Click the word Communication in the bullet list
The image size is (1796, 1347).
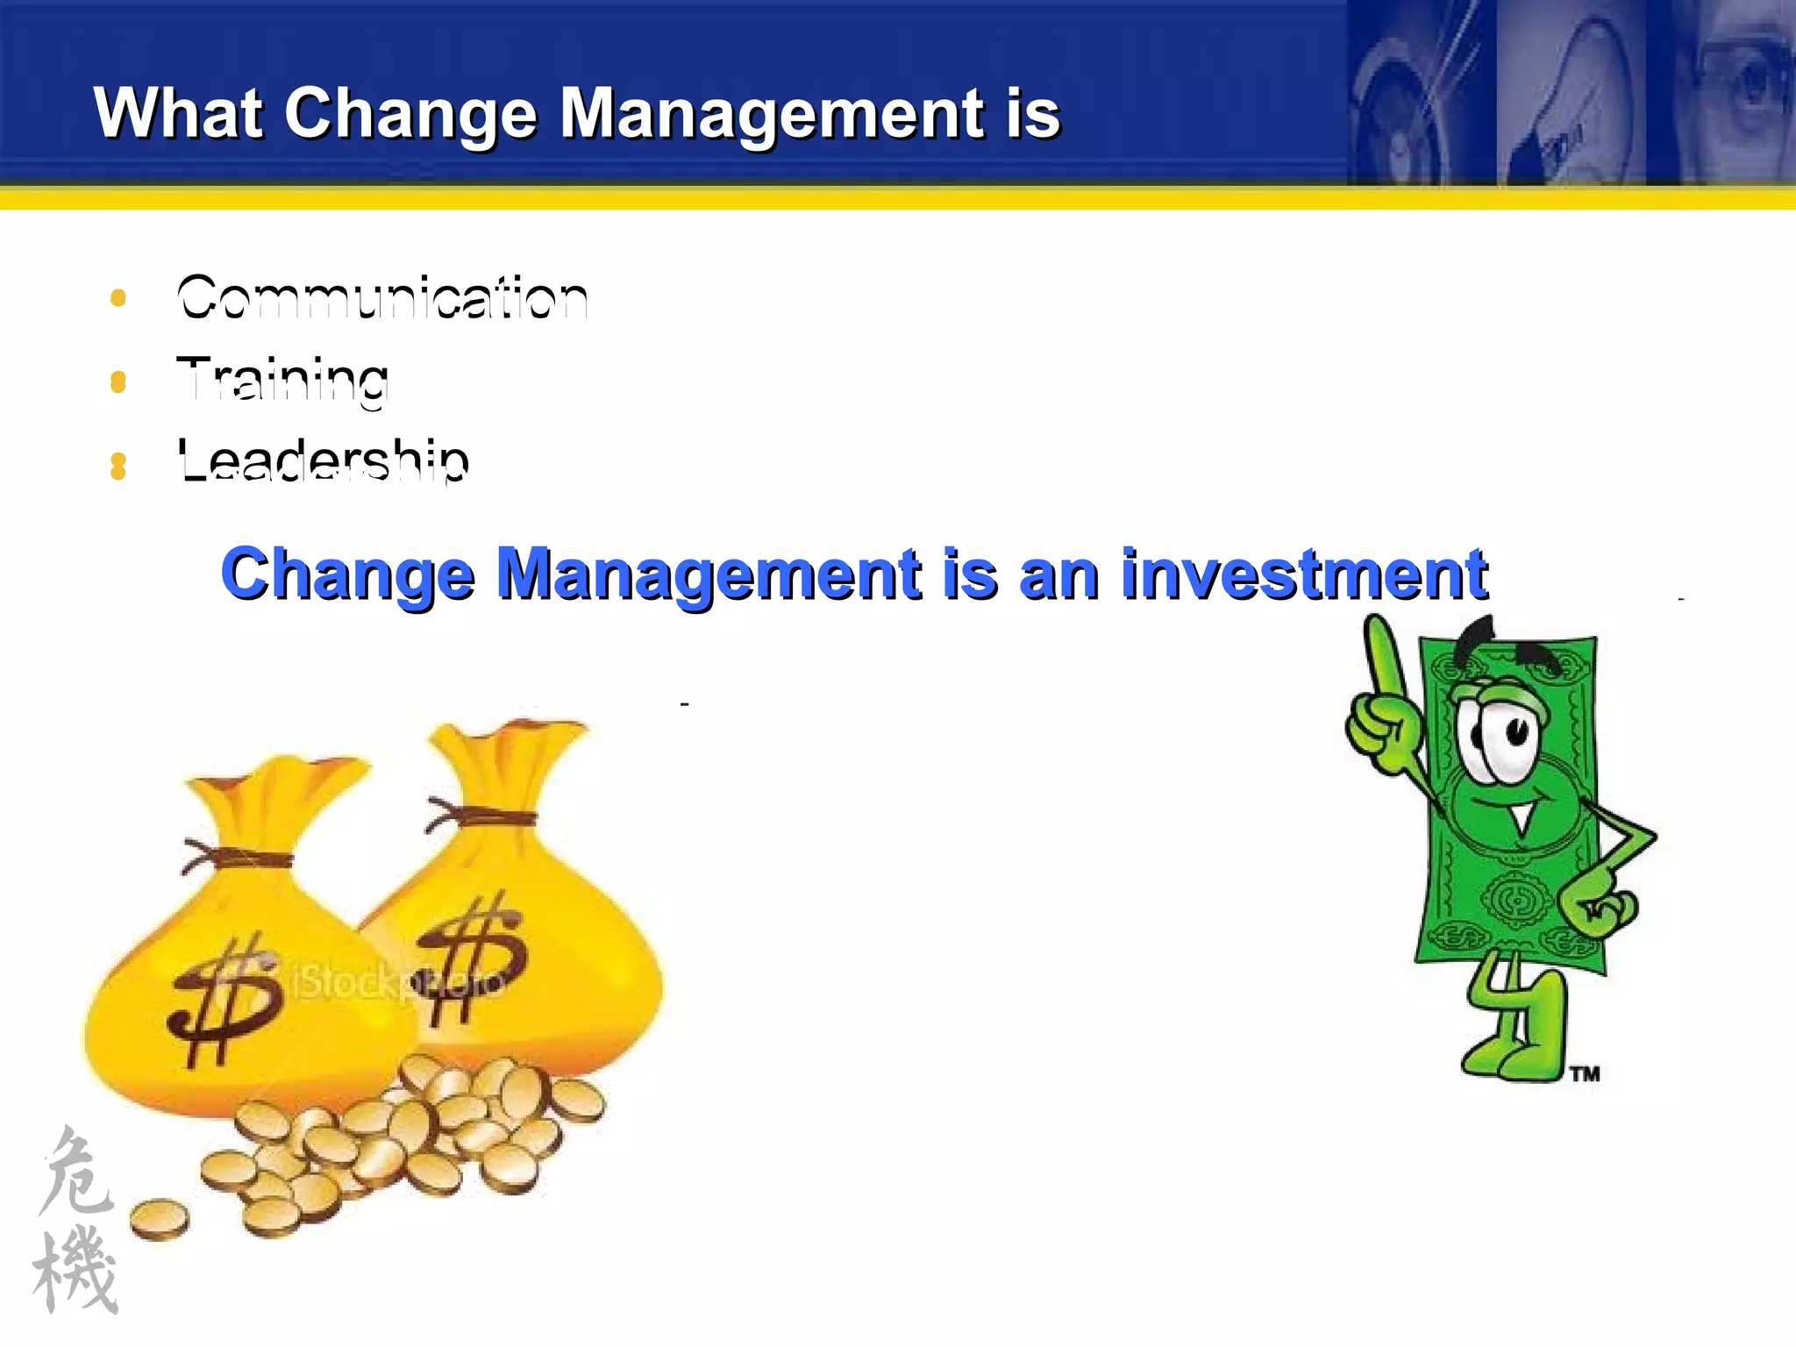(x=382, y=298)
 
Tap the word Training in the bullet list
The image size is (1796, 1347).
(x=282, y=381)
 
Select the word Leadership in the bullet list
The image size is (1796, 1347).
(x=323, y=460)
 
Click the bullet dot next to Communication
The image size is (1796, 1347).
(x=118, y=298)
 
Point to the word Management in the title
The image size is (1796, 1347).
(x=772, y=114)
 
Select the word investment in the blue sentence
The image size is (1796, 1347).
(x=1304, y=574)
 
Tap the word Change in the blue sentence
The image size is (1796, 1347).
(x=347, y=574)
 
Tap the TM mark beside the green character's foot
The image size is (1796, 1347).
(x=1585, y=1074)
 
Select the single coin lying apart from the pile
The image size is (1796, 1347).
(x=160, y=1219)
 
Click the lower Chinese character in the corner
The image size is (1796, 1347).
(x=77, y=1272)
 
